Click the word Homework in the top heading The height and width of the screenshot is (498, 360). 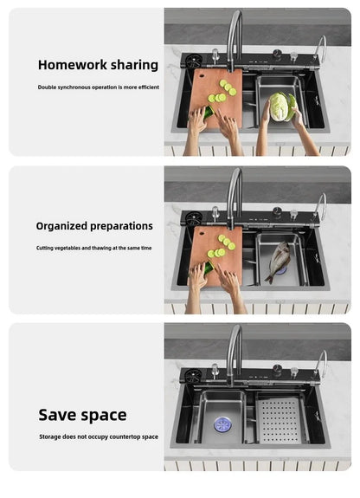pos(73,65)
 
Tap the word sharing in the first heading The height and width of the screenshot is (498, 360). pos(134,66)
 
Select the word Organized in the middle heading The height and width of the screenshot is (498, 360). pos(61,226)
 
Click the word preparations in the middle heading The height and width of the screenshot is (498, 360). pos(122,226)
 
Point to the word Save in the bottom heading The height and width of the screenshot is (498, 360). pos(58,415)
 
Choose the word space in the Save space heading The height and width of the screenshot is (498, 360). pos(104,416)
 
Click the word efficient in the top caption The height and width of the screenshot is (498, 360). pos(149,87)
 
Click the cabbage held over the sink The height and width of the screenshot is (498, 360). pos(282,107)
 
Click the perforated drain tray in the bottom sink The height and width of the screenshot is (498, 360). pos(280,421)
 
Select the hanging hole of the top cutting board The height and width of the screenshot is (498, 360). pos(202,76)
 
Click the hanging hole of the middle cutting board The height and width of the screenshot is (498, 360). pos(202,234)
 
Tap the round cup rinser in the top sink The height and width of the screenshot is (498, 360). pos(193,61)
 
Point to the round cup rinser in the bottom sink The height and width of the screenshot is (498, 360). pos(193,376)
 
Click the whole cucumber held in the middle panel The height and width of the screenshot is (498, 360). pos(209,268)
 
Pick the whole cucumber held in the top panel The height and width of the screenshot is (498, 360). pos(209,112)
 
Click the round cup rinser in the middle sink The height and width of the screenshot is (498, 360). pos(193,218)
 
